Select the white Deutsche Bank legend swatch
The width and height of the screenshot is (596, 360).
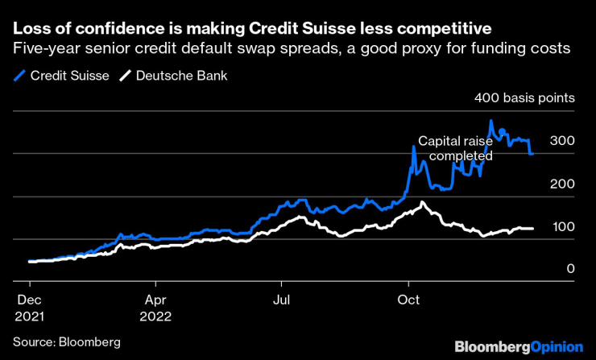[126, 77]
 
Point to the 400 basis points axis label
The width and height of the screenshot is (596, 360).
[524, 99]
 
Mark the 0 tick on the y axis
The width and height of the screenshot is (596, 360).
[570, 269]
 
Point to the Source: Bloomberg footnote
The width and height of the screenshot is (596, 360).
[67, 342]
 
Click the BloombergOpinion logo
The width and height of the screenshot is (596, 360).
[519, 347]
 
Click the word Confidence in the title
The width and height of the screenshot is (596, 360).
[109, 30]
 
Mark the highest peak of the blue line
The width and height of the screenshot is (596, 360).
[490, 121]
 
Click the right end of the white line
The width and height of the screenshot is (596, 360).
[532, 229]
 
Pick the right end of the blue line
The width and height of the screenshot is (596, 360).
[532, 153]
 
